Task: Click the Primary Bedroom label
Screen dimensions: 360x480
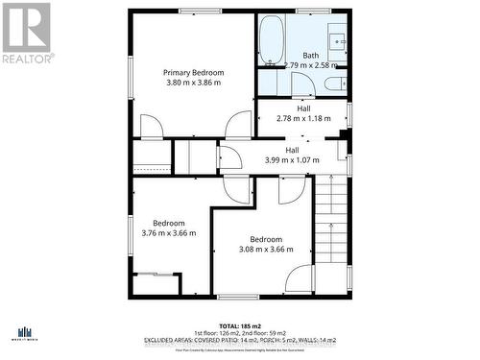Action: click(x=193, y=73)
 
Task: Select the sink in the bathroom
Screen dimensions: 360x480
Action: click(x=338, y=41)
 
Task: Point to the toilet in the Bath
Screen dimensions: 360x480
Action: click(x=333, y=84)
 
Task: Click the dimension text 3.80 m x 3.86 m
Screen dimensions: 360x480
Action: click(x=193, y=84)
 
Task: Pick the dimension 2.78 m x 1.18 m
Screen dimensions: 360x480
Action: click(x=303, y=118)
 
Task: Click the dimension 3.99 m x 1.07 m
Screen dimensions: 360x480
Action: click(x=292, y=160)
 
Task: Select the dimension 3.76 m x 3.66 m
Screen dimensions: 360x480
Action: click(x=169, y=232)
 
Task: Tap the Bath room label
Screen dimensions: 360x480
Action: click(x=311, y=55)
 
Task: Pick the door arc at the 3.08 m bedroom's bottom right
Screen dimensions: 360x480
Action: click(x=299, y=277)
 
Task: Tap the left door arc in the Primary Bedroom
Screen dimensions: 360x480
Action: click(x=152, y=126)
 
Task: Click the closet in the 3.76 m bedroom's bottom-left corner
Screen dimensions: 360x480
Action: click(x=156, y=284)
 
